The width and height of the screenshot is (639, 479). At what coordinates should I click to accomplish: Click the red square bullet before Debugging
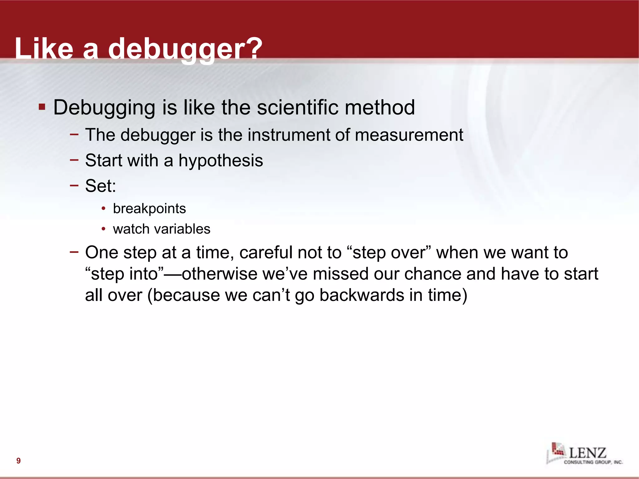[42, 107]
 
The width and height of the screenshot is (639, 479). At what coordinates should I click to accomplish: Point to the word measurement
[409, 135]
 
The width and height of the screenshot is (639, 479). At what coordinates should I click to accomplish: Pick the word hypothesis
[221, 161]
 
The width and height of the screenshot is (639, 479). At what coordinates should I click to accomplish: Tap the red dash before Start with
[74, 160]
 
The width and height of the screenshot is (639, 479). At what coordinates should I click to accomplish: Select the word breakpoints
[149, 209]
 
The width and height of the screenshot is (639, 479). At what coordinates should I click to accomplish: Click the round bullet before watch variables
[104, 229]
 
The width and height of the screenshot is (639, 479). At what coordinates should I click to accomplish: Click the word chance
[432, 274]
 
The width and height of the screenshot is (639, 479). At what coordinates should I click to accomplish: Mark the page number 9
[18, 461]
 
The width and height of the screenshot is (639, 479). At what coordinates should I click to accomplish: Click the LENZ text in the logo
[588, 452]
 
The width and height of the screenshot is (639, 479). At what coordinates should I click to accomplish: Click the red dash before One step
[74, 252]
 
